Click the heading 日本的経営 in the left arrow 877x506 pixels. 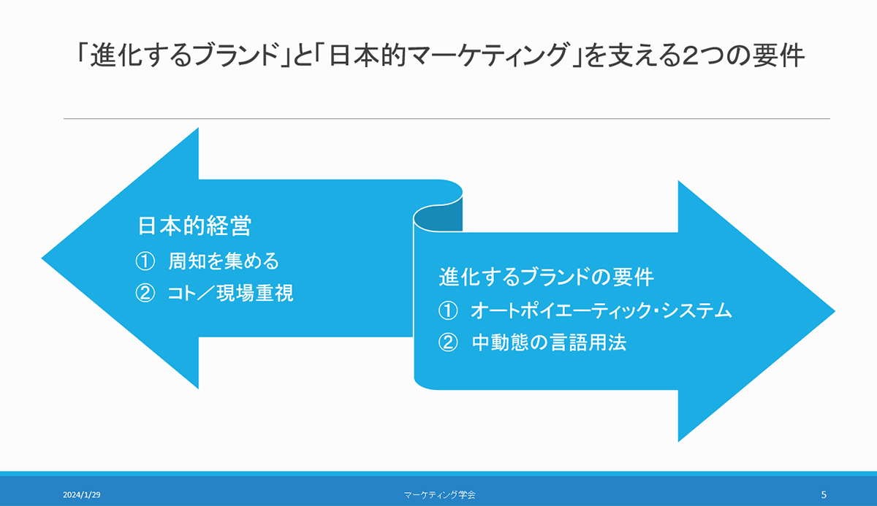tap(194, 226)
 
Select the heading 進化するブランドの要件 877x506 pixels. tap(546, 277)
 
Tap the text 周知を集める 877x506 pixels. tap(224, 261)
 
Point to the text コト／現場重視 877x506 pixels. tap(231, 293)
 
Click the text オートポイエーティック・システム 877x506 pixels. tap(601, 310)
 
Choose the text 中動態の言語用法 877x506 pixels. tap(550, 342)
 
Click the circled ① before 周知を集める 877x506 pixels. tap(145, 261)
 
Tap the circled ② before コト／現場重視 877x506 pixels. tap(145, 294)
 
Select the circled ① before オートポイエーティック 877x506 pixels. tap(448, 311)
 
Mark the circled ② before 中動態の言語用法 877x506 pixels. tap(448, 343)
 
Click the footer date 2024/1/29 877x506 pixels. tap(81, 494)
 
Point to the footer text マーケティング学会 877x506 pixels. tap(440, 494)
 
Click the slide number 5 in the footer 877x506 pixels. tap(824, 494)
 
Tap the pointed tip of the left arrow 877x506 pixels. tap(42, 258)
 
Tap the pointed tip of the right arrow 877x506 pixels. tap(835, 311)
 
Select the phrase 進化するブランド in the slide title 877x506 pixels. tap(184, 55)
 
